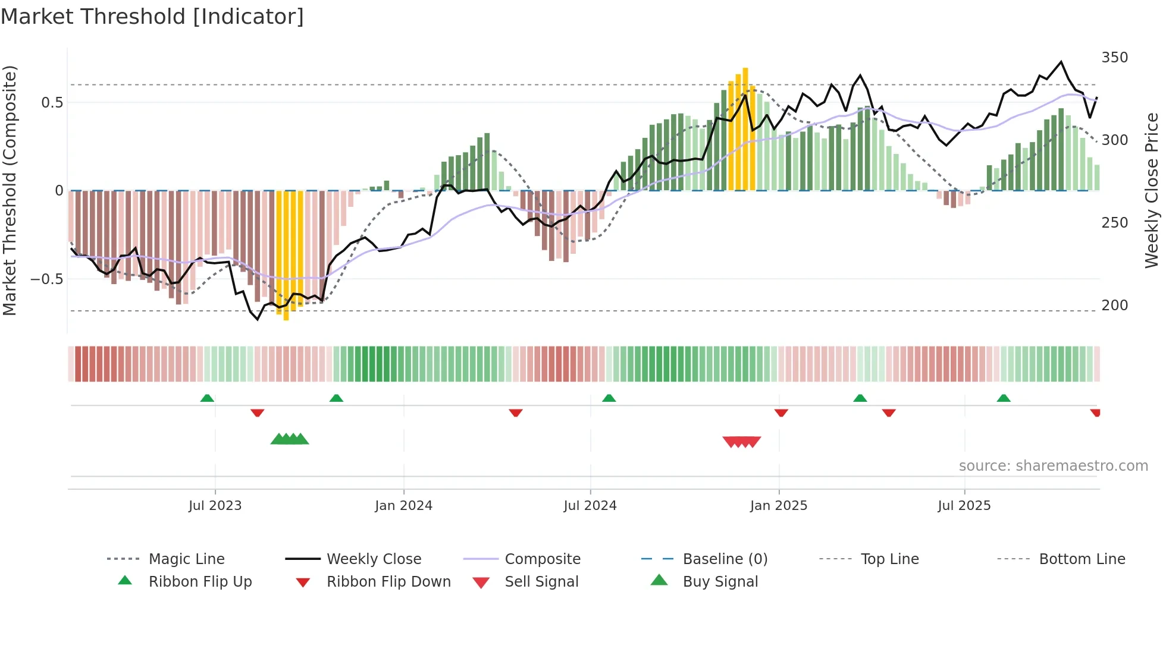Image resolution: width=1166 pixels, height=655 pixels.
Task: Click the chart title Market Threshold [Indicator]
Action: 152,17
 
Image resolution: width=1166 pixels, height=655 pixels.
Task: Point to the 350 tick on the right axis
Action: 1114,58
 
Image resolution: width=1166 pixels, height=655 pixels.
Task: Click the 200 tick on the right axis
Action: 1114,306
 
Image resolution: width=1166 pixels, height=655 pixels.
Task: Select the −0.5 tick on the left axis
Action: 46,279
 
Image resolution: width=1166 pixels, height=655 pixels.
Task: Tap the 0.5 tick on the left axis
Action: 52,103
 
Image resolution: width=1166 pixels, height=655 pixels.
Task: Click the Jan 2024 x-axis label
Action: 403,506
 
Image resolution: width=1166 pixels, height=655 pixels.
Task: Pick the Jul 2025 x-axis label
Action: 964,506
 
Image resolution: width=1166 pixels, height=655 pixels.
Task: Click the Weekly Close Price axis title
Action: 1152,190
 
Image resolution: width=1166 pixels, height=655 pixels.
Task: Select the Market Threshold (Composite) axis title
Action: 10,190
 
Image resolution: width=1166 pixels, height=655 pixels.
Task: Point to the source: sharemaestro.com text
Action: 1053,466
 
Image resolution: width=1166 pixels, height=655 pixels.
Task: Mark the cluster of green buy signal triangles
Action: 290,440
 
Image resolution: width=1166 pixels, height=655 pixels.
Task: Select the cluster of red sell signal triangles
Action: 741,442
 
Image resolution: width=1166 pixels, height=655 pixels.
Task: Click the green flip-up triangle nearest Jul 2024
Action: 609,398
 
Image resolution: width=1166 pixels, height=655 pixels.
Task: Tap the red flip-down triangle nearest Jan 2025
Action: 781,412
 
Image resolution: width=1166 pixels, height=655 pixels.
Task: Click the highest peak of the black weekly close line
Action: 1061,62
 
